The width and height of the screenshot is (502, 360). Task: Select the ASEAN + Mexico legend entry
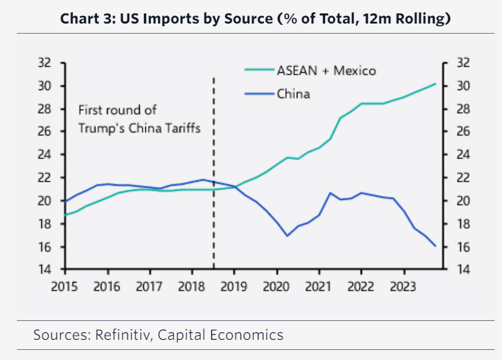click(x=326, y=70)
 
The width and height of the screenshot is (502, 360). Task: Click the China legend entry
click(x=293, y=94)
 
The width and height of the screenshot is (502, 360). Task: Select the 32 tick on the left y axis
click(x=44, y=63)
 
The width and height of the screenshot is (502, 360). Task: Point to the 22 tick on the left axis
click(x=44, y=178)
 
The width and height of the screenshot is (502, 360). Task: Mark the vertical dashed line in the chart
click(x=214, y=168)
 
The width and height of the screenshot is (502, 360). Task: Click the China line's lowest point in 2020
click(x=287, y=236)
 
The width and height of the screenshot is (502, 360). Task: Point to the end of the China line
click(x=436, y=246)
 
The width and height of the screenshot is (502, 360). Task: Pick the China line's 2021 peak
click(x=330, y=193)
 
